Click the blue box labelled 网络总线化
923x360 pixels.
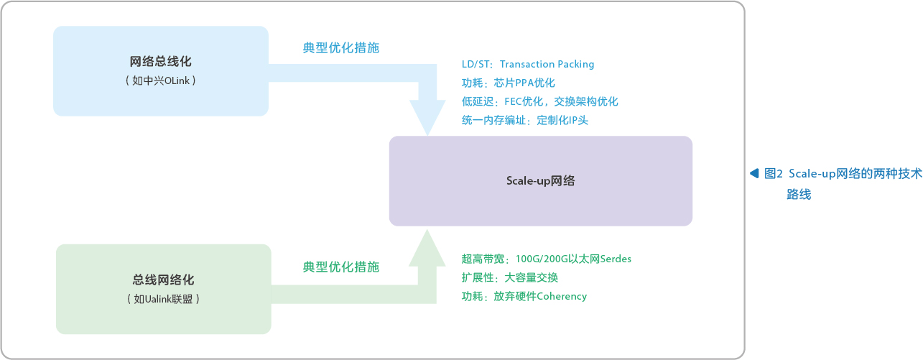pos(160,70)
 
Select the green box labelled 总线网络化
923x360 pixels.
pos(163,288)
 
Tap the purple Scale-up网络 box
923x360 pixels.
pos(540,181)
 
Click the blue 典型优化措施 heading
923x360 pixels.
pos(341,48)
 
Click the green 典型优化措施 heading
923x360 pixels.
pos(341,267)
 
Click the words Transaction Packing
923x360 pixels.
pos(547,64)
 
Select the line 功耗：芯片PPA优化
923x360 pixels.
pos(509,83)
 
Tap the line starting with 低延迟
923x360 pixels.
pos(539,101)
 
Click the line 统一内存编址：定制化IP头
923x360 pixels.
pos(525,120)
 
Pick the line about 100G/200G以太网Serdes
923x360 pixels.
pos(546,259)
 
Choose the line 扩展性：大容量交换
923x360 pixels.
pos(509,277)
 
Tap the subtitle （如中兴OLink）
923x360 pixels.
pos(160,80)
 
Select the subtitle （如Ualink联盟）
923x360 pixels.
pos(163,298)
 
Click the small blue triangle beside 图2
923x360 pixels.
pos(754,173)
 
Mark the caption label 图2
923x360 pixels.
pos(774,173)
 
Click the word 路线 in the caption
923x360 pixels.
pos(799,194)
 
